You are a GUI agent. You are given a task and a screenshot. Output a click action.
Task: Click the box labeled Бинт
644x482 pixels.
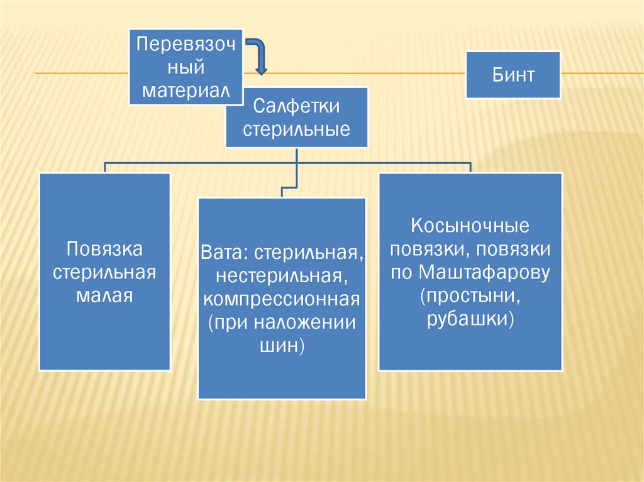point(513,75)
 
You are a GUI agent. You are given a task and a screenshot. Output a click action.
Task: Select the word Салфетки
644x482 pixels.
point(296,107)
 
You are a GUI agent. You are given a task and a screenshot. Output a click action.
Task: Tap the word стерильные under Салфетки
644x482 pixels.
point(296,130)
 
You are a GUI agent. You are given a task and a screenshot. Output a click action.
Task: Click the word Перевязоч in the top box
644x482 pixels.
point(186,45)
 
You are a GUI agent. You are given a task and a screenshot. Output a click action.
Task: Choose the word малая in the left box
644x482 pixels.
point(104,295)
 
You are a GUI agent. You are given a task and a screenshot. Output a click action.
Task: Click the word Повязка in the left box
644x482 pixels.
point(104,249)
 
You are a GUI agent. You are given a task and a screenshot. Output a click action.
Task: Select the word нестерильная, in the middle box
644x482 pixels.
point(281,275)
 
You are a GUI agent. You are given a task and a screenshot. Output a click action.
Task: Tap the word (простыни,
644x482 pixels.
point(470,296)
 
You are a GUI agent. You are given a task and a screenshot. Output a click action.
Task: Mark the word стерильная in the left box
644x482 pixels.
point(104,273)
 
